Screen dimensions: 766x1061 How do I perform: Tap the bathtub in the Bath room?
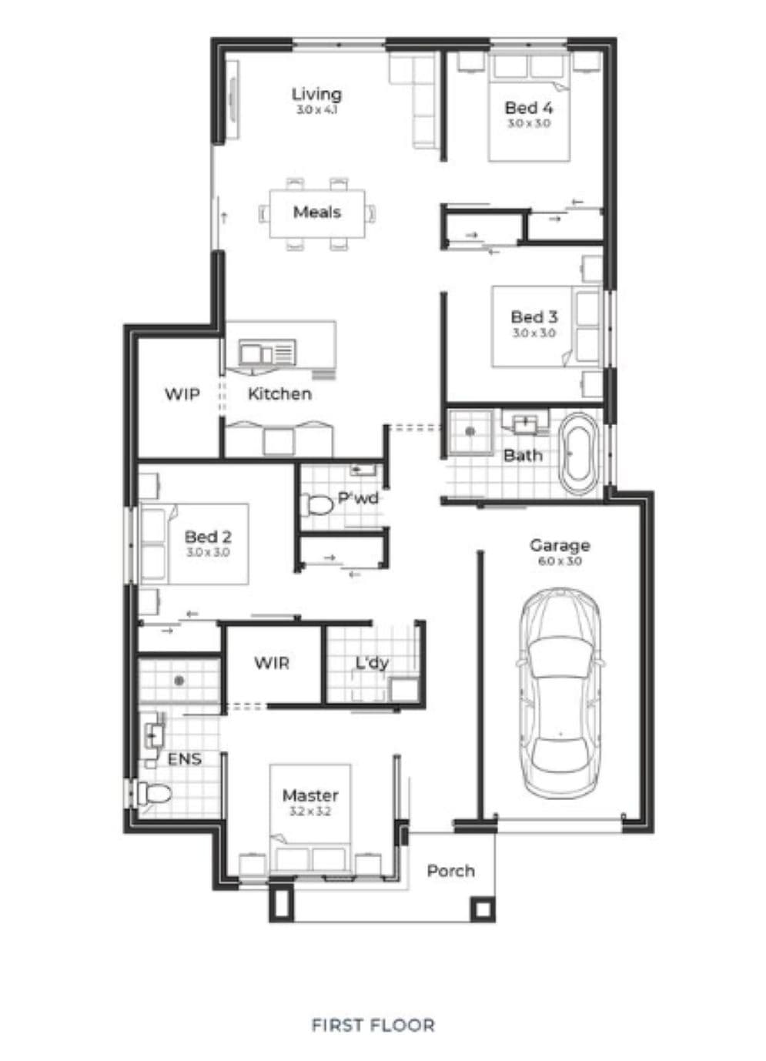click(578, 454)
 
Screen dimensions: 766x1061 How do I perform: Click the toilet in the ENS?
click(153, 793)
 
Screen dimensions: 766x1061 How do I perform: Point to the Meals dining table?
click(317, 214)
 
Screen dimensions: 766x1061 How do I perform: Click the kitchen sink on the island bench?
click(267, 353)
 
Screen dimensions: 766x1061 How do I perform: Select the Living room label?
click(316, 94)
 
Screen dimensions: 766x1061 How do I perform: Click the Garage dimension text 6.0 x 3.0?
click(560, 562)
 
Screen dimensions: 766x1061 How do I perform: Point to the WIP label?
click(182, 394)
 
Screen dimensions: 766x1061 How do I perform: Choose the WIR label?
click(272, 663)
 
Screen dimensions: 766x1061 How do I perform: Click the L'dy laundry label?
click(372, 663)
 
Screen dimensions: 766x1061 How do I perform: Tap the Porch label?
click(450, 871)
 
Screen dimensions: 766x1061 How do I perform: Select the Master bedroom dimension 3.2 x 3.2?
click(310, 812)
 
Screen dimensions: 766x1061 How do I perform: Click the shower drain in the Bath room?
click(470, 431)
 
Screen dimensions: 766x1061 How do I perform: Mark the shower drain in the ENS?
click(179, 681)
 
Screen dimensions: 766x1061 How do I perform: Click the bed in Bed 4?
click(529, 107)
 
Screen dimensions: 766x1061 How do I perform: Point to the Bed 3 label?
click(534, 317)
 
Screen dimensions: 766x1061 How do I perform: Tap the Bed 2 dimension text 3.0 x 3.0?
click(208, 552)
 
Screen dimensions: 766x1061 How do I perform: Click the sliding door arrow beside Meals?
click(224, 218)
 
